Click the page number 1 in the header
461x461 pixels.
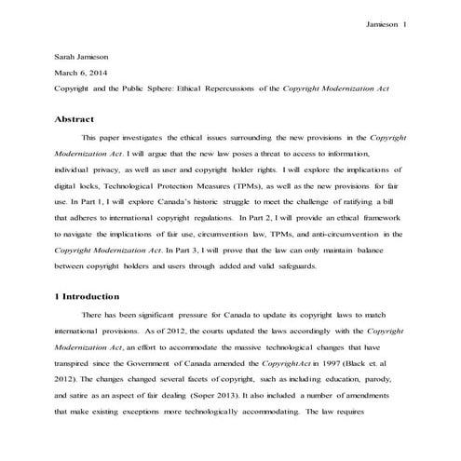(405, 24)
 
